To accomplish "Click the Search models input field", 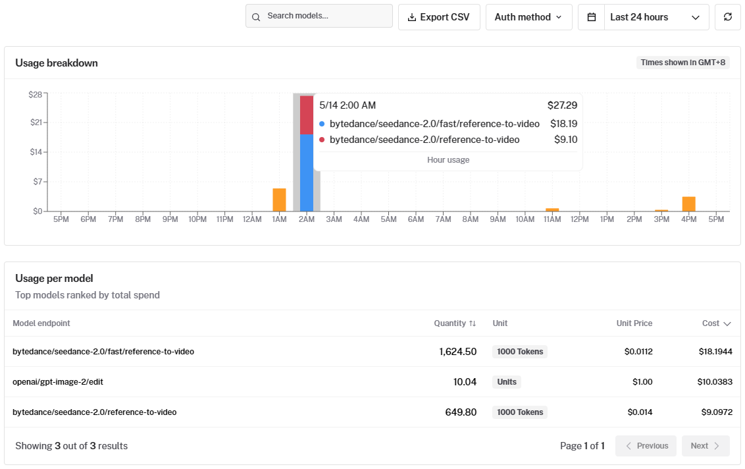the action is (x=319, y=16).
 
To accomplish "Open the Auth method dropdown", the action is (x=528, y=17).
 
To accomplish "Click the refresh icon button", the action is (x=727, y=17).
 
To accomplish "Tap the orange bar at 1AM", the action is (x=279, y=200).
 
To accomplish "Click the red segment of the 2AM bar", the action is (x=307, y=115).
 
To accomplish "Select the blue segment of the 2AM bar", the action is (x=307, y=173).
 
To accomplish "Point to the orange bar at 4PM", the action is (x=689, y=204).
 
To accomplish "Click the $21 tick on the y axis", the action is (x=36, y=123).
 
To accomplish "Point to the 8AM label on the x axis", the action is (x=471, y=219).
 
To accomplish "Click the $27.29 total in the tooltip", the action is (x=562, y=105).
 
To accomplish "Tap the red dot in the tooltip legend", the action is (x=322, y=140).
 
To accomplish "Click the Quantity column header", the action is (x=455, y=323).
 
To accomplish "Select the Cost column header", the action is (x=716, y=323).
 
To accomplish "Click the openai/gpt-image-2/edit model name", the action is (x=58, y=382).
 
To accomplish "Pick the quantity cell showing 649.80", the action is (x=461, y=412).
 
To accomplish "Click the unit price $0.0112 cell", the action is (x=638, y=352).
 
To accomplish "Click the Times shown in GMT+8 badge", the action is (x=682, y=63).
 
